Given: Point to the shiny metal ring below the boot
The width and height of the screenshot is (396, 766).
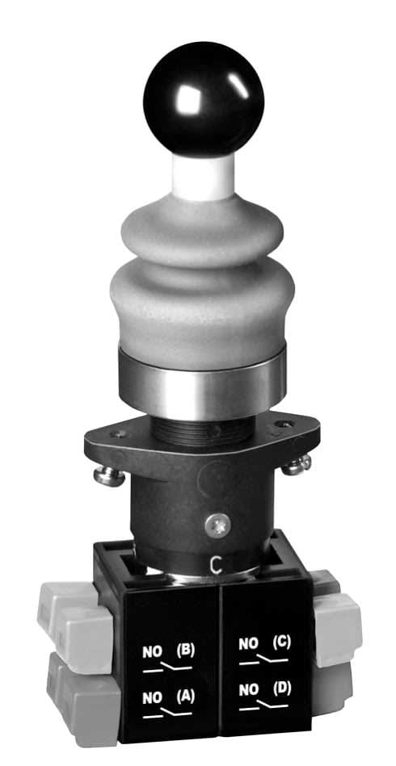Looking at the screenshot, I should coord(199,383).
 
